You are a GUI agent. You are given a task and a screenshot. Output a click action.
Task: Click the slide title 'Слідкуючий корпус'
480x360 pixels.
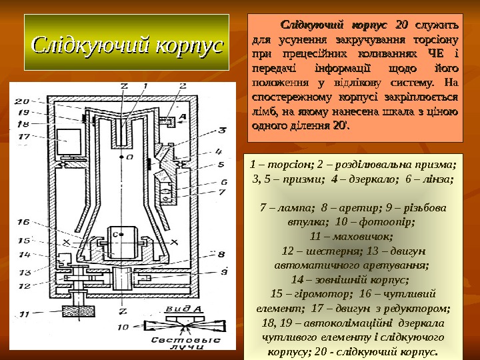(125, 46)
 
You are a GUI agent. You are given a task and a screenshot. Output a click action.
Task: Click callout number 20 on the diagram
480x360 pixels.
(22, 101)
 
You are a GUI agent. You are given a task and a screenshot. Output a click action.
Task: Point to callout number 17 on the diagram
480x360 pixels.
(23, 136)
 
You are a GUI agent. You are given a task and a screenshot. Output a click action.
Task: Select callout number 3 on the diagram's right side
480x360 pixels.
(223, 131)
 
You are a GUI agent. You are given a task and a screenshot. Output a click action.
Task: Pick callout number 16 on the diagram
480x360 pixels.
(23, 222)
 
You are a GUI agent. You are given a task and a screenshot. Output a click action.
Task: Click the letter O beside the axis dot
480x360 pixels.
(129, 157)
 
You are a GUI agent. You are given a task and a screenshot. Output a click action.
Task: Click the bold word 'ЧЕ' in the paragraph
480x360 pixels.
(435, 53)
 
